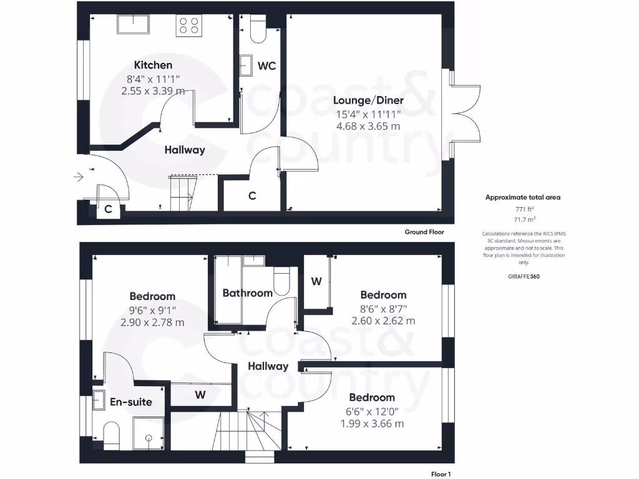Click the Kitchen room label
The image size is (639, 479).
coord(153,65)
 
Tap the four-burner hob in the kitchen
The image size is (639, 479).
coord(190,25)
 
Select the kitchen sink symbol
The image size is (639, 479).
coord(133,25)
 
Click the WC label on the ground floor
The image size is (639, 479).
coord(266,65)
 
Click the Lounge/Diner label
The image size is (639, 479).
coord(368,100)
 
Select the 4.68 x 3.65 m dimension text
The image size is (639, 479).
coord(368,126)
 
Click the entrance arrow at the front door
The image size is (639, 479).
coord(79,178)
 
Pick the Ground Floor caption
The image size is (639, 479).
coord(424,232)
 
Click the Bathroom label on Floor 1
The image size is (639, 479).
coord(247,293)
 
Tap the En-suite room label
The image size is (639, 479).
coord(131,402)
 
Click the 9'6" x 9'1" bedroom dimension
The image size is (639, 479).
coord(152,309)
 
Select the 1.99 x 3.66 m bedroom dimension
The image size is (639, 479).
coord(372,423)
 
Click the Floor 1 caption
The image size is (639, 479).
coord(441,474)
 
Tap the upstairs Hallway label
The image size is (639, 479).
coord(268,366)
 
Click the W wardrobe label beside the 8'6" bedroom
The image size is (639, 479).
coord(316,281)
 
